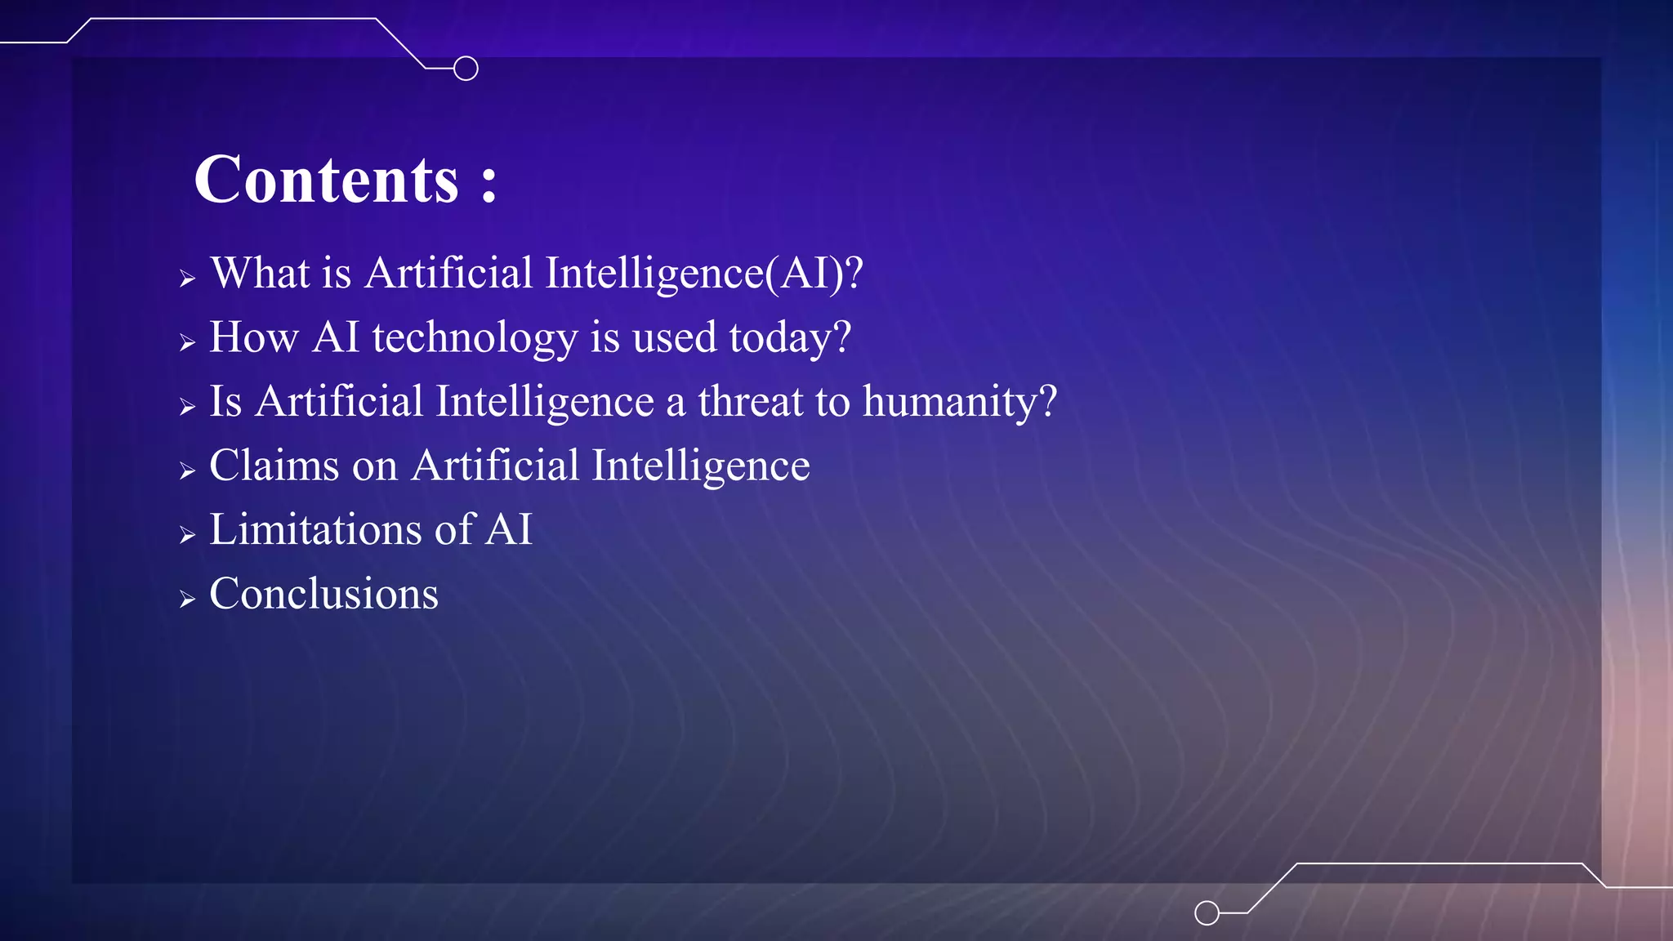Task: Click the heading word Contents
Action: tap(326, 180)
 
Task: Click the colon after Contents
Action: tap(489, 183)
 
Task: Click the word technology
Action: tap(475, 338)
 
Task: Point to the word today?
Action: tap(790, 338)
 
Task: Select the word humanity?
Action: tap(960, 403)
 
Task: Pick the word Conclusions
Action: tap(323, 594)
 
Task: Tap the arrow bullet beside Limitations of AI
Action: tap(187, 536)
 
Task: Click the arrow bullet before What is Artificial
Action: tap(187, 279)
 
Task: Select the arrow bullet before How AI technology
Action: tap(187, 343)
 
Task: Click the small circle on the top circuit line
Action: tap(466, 69)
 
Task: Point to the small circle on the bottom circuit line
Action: tap(1207, 912)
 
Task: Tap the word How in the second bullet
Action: tap(253, 337)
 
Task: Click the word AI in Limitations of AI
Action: tap(509, 529)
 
